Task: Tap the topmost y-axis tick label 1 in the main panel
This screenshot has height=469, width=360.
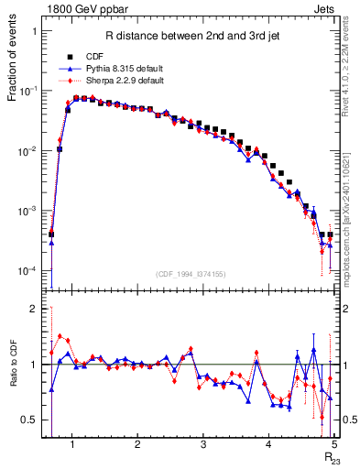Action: click(34, 31)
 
